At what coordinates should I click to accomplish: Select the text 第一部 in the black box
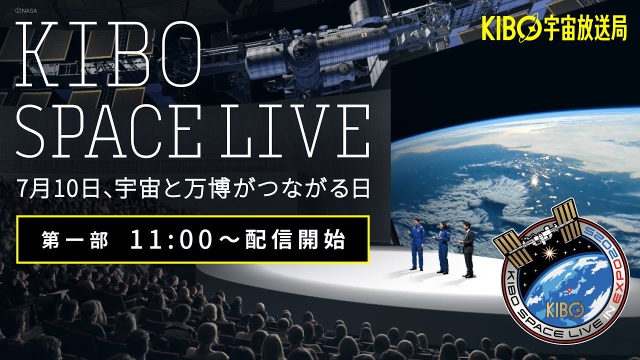pyautogui.click(x=75, y=241)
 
